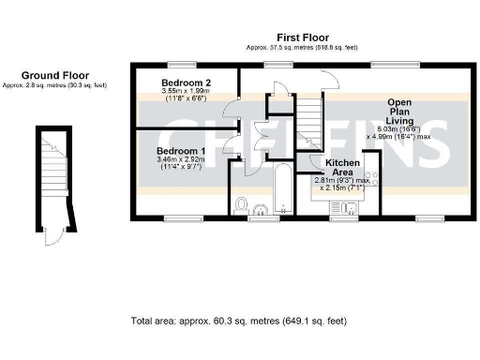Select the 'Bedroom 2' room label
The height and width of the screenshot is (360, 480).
pos(187,83)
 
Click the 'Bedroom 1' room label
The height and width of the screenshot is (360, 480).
pos(182,151)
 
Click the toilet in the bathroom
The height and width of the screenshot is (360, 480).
pos(242,205)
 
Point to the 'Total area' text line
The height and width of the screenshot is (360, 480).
pos(239,320)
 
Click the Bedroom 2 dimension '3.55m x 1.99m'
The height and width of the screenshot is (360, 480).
pos(187,92)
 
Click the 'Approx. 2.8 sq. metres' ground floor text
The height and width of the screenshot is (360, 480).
pos(54,85)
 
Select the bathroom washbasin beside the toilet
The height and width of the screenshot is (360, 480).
pos(263,210)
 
